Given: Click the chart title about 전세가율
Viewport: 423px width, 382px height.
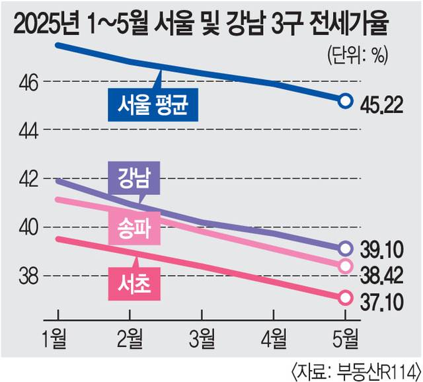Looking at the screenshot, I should point(201,24).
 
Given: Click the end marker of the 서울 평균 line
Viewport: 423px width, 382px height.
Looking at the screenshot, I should point(344,100).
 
